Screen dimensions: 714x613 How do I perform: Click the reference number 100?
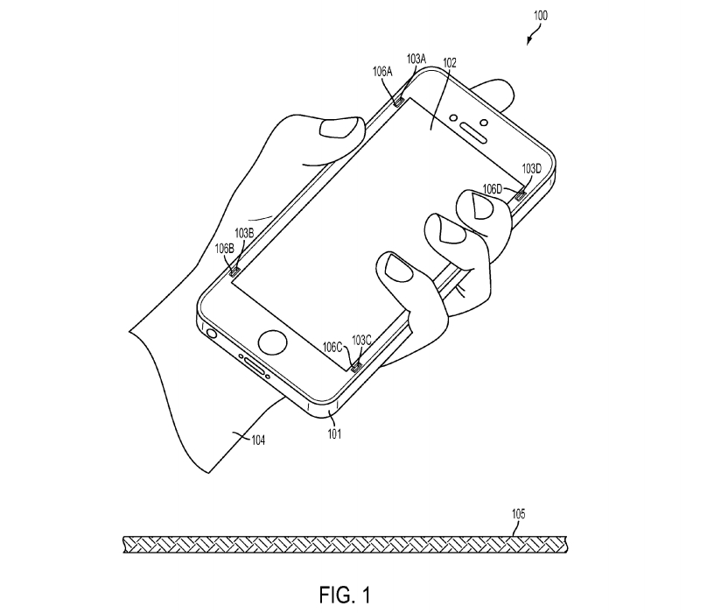click(541, 16)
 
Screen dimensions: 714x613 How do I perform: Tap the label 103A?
click(416, 59)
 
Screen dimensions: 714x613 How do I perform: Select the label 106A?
click(382, 72)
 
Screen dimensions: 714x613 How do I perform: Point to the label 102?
click(450, 62)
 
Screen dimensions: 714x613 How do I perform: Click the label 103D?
click(531, 169)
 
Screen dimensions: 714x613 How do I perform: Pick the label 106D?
click(493, 188)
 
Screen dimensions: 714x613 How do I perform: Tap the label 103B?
click(244, 233)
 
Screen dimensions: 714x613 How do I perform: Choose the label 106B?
click(225, 249)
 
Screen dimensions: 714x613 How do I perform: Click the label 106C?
click(332, 348)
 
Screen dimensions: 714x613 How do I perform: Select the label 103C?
click(361, 341)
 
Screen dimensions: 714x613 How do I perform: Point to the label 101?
click(334, 433)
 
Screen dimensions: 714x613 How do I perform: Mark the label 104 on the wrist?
click(258, 440)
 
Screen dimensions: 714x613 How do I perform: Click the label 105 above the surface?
click(519, 514)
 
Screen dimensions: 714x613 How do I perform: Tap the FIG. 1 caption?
click(345, 595)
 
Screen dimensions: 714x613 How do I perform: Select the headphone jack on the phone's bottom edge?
click(212, 333)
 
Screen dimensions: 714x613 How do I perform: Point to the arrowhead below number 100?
click(528, 41)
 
